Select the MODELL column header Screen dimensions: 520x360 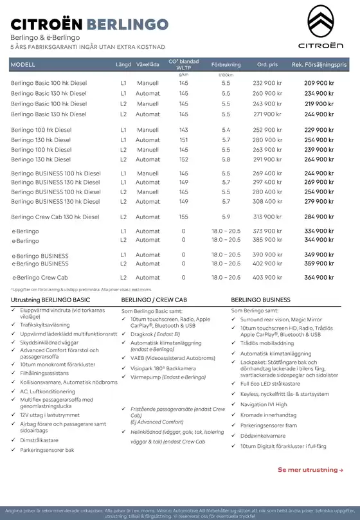point(23,65)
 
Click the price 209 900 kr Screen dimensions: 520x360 point(319,84)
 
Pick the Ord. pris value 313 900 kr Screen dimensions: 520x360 point(267,217)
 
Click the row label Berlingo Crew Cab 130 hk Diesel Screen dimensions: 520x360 point(55,217)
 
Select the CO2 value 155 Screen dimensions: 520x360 point(184,217)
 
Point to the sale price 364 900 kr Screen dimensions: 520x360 point(319,278)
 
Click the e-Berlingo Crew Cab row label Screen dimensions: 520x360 point(40,278)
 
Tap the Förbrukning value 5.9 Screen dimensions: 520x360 point(226,217)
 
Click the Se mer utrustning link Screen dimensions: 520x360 point(310,470)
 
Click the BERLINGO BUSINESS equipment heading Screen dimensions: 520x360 point(260,300)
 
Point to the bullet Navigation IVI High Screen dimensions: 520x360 point(273,404)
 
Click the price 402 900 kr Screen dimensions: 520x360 point(267,264)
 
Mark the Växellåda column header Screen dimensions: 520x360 point(148,65)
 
